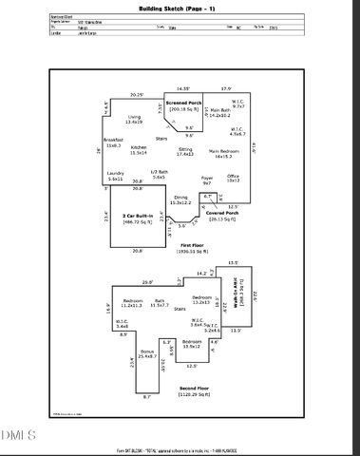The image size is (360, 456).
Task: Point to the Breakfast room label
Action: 114,143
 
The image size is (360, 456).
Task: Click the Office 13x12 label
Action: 233,178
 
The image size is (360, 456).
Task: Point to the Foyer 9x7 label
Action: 206,179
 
